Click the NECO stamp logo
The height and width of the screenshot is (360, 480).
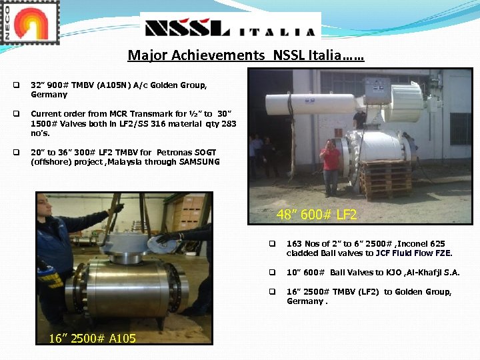pos(30,23)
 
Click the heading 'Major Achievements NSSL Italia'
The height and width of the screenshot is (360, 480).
pos(246,55)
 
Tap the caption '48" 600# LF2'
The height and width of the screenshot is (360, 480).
pos(317,215)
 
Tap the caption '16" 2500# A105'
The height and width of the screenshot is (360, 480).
pos(92,339)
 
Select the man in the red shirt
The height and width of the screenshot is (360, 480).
pos(330,167)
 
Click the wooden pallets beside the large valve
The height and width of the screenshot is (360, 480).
pos(385,179)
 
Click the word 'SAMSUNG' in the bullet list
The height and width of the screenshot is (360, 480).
pos(199,162)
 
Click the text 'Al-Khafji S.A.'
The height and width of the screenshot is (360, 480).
pos(431,273)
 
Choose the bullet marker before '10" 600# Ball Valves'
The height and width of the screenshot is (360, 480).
pos(272,273)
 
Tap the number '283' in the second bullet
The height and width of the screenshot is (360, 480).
pos(228,124)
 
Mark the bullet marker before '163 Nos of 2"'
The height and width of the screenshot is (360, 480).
pos(272,244)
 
